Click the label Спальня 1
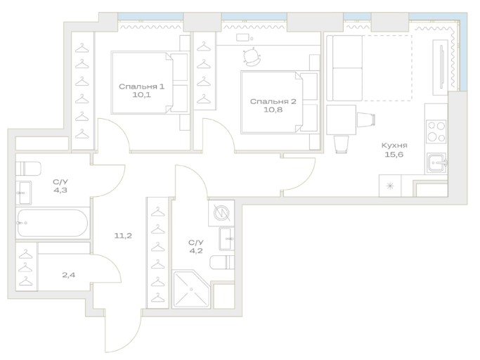141,86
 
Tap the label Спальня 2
273,101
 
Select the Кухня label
394,146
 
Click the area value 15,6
394,155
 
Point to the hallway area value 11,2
123,236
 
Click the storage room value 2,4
69,275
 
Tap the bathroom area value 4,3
60,191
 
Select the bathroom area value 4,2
195,251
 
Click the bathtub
52,223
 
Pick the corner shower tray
191,288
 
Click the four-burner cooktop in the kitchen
436,131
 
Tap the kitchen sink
437,162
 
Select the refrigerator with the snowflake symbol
390,186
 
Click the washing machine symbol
221,213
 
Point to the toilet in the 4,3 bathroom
28,168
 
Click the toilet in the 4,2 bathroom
222,262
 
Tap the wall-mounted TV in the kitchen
441,67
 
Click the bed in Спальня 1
150,83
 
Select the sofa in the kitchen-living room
344,68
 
